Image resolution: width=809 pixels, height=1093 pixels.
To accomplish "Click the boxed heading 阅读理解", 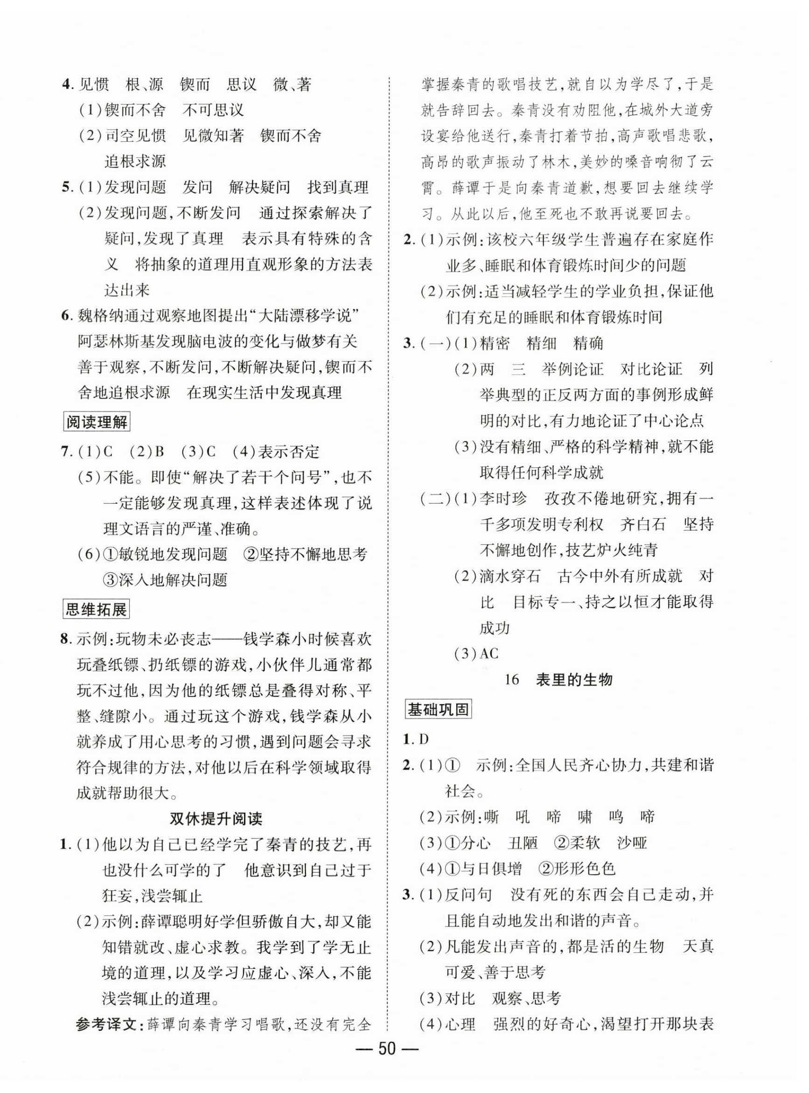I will (x=97, y=422).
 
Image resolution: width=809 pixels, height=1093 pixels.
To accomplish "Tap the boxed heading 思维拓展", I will (x=97, y=609).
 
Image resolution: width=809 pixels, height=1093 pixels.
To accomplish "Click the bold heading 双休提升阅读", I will (x=216, y=818).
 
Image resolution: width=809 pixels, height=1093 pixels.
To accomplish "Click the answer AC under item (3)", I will (x=488, y=653).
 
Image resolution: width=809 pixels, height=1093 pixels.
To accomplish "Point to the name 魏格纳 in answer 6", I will (x=101, y=316).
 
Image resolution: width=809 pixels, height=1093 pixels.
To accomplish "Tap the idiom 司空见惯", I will (x=135, y=136).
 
